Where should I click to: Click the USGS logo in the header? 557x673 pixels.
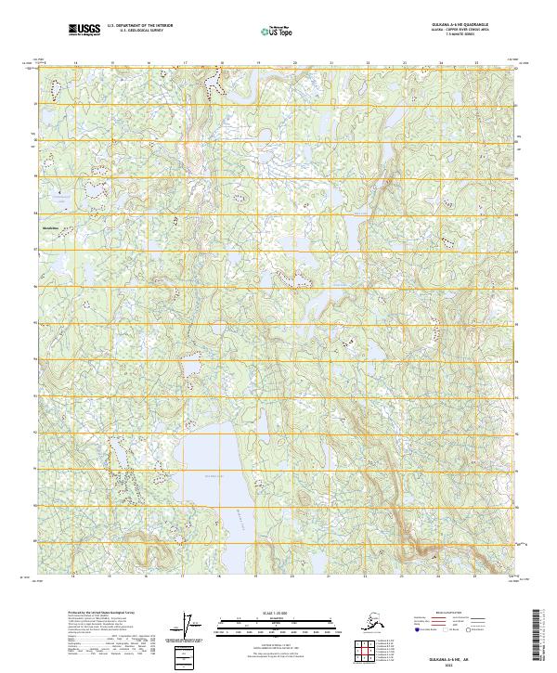coord(84,30)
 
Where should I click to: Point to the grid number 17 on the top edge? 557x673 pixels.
coord(185,63)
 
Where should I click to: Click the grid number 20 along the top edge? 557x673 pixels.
coord(294,63)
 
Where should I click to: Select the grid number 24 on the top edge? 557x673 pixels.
coord(440,63)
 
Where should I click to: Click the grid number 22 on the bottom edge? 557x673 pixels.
coord(368,577)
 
